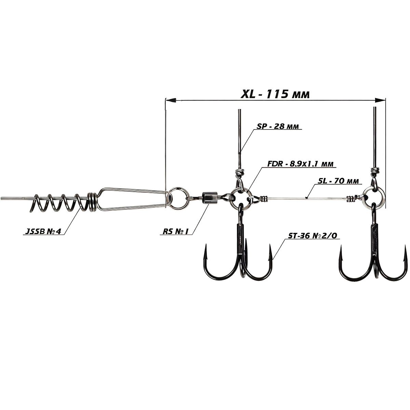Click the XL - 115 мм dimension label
pyautogui.click(x=275, y=94)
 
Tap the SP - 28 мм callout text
pyautogui.click(x=278, y=126)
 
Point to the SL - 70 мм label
pyautogui.click(x=338, y=181)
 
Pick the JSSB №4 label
pyautogui.click(x=43, y=232)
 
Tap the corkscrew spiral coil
pyautogui.click(x=62, y=203)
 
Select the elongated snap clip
pyautogui.click(x=132, y=199)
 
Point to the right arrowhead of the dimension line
pyautogui.click(x=380, y=100)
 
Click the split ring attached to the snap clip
pyautogui.click(x=178, y=198)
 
